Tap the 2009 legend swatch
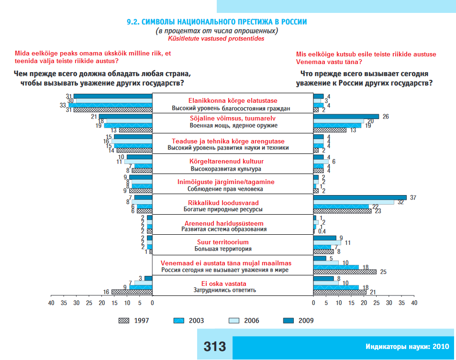click(x=290, y=320)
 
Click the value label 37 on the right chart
click(x=412, y=197)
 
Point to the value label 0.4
click(x=323, y=231)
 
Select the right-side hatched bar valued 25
click(x=345, y=272)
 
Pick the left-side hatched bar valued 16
click(x=132, y=292)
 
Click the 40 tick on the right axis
click(x=414, y=303)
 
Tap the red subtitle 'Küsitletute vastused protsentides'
click(x=216, y=39)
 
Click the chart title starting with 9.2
click(x=216, y=22)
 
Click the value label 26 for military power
click(x=385, y=116)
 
